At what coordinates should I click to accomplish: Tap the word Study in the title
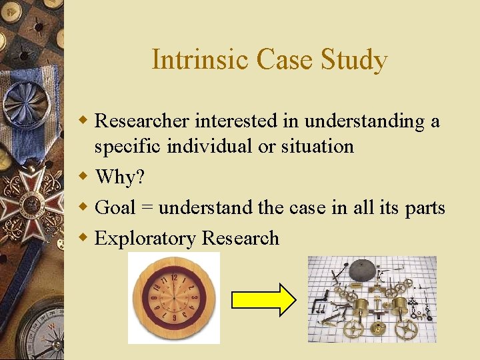tap(357, 59)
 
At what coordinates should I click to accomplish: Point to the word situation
tap(317, 145)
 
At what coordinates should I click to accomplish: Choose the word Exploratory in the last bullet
tap(145, 238)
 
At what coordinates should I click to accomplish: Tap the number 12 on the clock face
tap(174, 277)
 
